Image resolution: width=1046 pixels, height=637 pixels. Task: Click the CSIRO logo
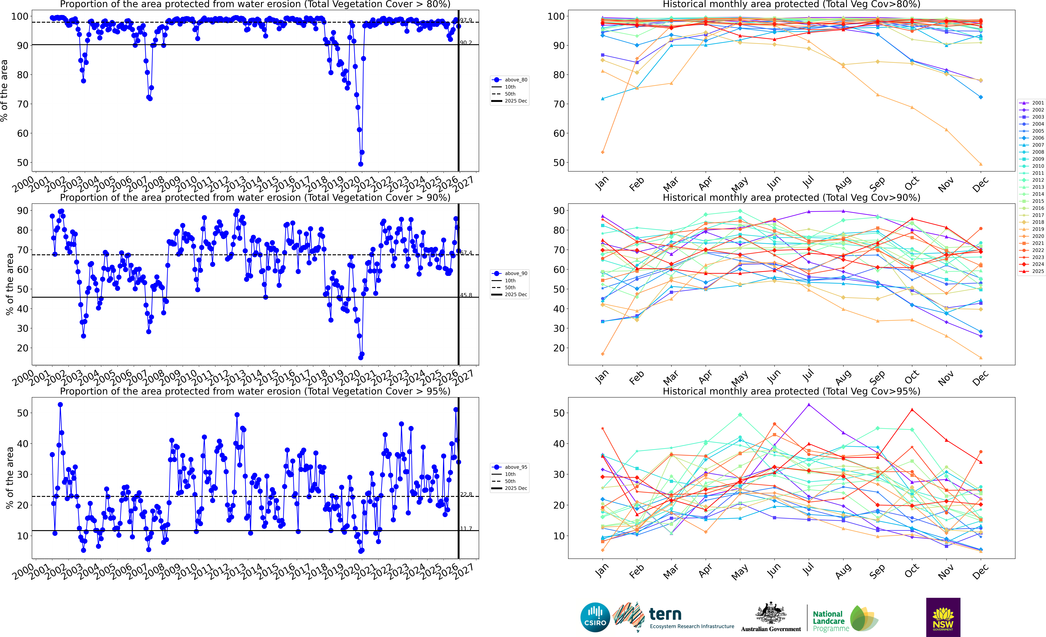[595, 617]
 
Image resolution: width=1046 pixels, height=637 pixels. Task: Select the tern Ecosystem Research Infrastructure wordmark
[691, 618]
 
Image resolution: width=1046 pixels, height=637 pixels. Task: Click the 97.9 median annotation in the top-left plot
[466, 20]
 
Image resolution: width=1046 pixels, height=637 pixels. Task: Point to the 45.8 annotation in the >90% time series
[466, 295]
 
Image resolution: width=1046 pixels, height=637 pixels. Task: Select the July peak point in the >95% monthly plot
[809, 405]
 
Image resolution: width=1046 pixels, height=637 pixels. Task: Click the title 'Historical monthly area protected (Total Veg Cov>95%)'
[791, 391]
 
